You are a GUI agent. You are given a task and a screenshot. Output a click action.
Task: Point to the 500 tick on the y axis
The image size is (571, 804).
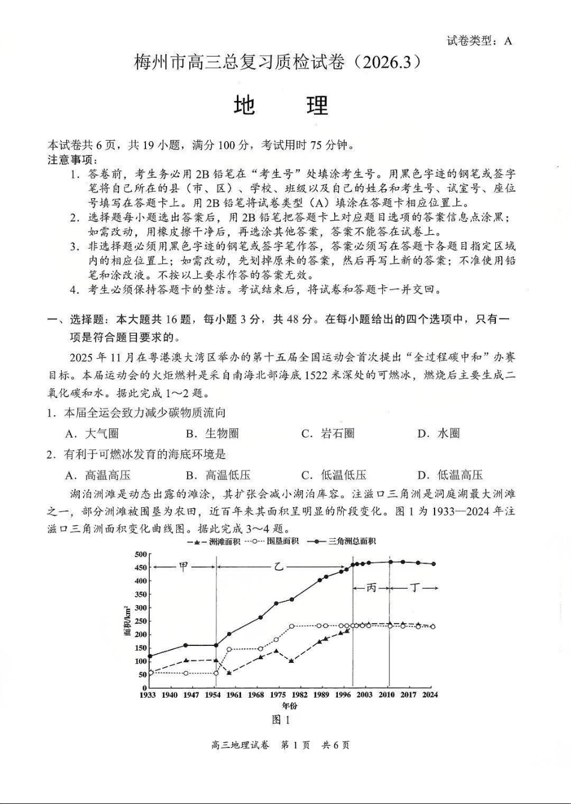point(141,554)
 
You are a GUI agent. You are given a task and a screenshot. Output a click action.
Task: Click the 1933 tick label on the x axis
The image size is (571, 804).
point(148,695)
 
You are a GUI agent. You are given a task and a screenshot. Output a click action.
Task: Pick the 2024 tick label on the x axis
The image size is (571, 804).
point(430,695)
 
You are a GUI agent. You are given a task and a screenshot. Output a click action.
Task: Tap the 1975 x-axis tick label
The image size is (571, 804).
point(278,695)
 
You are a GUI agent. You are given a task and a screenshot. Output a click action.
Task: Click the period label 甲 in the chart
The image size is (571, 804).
point(184,567)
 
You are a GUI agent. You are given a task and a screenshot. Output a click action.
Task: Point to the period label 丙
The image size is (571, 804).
point(371,587)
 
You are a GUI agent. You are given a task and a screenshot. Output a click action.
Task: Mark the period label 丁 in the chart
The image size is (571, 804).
point(415,587)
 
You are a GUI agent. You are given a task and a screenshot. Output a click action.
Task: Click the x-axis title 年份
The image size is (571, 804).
point(289,705)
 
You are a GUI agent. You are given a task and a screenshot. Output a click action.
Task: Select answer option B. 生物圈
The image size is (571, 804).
point(212,433)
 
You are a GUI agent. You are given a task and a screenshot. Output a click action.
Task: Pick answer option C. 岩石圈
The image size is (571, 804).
point(328,433)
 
